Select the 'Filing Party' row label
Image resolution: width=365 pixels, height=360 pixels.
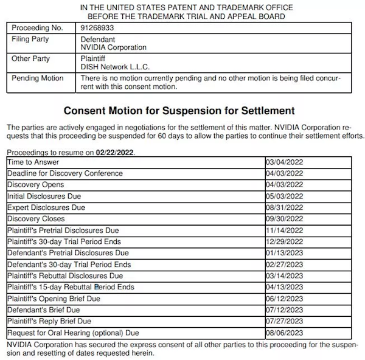30,39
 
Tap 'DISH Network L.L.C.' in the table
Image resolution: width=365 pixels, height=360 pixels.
115,67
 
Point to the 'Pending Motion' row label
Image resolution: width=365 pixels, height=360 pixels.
37,78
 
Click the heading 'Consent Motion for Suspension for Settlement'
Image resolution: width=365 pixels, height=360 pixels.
179,111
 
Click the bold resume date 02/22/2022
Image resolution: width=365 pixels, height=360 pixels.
115,152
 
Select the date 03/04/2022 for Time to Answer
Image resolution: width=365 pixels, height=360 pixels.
284,162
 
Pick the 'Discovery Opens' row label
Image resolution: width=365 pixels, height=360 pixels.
36,185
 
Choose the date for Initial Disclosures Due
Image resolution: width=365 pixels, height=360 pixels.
284,196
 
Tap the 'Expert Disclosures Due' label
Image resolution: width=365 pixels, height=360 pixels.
46,207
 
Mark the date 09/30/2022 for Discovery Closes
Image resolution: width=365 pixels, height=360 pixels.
284,219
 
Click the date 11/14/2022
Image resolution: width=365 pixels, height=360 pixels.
284,230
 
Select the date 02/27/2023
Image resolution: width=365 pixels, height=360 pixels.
284,265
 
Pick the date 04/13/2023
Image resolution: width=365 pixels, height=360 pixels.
284,287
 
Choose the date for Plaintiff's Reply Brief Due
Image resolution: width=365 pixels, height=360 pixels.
284,321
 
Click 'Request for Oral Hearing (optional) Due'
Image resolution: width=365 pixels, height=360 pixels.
74,333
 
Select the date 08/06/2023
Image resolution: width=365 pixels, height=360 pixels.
284,333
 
